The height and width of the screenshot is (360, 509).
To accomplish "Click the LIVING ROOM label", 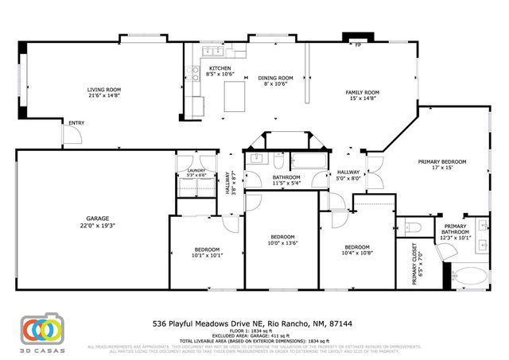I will point(103,89).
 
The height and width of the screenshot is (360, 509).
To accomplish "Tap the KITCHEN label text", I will point(220,68).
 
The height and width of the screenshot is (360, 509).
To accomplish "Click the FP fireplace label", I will point(358,45).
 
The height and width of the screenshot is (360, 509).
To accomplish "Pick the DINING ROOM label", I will point(276,78).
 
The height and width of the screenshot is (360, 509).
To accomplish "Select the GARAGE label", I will point(98,218).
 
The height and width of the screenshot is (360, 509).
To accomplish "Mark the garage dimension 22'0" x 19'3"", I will point(98,225).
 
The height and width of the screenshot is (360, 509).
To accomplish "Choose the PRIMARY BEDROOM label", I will point(442,161).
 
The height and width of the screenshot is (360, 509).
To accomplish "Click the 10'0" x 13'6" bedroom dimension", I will point(282,244).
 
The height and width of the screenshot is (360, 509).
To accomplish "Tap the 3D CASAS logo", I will point(41,331).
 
